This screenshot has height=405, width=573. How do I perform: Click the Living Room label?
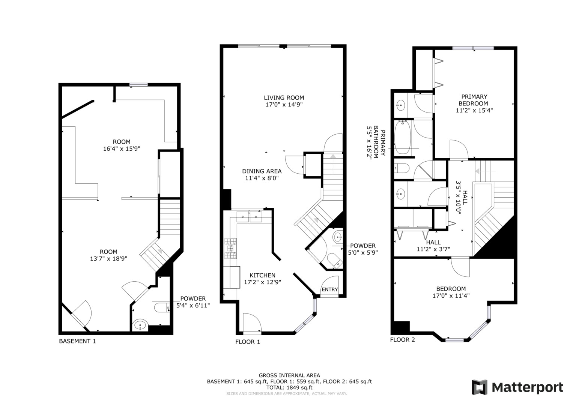(284, 98)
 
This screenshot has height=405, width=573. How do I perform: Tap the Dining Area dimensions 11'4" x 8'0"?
(262, 178)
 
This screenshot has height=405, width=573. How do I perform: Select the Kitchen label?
(262, 275)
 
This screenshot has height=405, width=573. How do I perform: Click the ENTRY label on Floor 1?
(329, 289)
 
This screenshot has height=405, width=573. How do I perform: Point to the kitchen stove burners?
(230, 248)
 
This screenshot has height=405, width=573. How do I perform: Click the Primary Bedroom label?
(474, 100)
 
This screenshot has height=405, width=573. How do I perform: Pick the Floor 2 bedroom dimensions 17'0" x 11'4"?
(451, 295)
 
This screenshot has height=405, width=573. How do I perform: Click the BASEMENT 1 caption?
(77, 341)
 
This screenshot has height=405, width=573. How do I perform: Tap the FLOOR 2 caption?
(402, 340)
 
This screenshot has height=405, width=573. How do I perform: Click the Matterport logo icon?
(479, 387)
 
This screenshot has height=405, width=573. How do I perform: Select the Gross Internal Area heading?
(289, 375)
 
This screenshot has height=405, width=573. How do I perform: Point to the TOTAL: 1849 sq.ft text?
(289, 387)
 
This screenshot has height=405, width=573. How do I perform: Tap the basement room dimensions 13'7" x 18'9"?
(108, 258)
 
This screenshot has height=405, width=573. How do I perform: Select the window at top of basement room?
(138, 85)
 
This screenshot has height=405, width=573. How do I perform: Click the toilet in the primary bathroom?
(401, 168)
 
